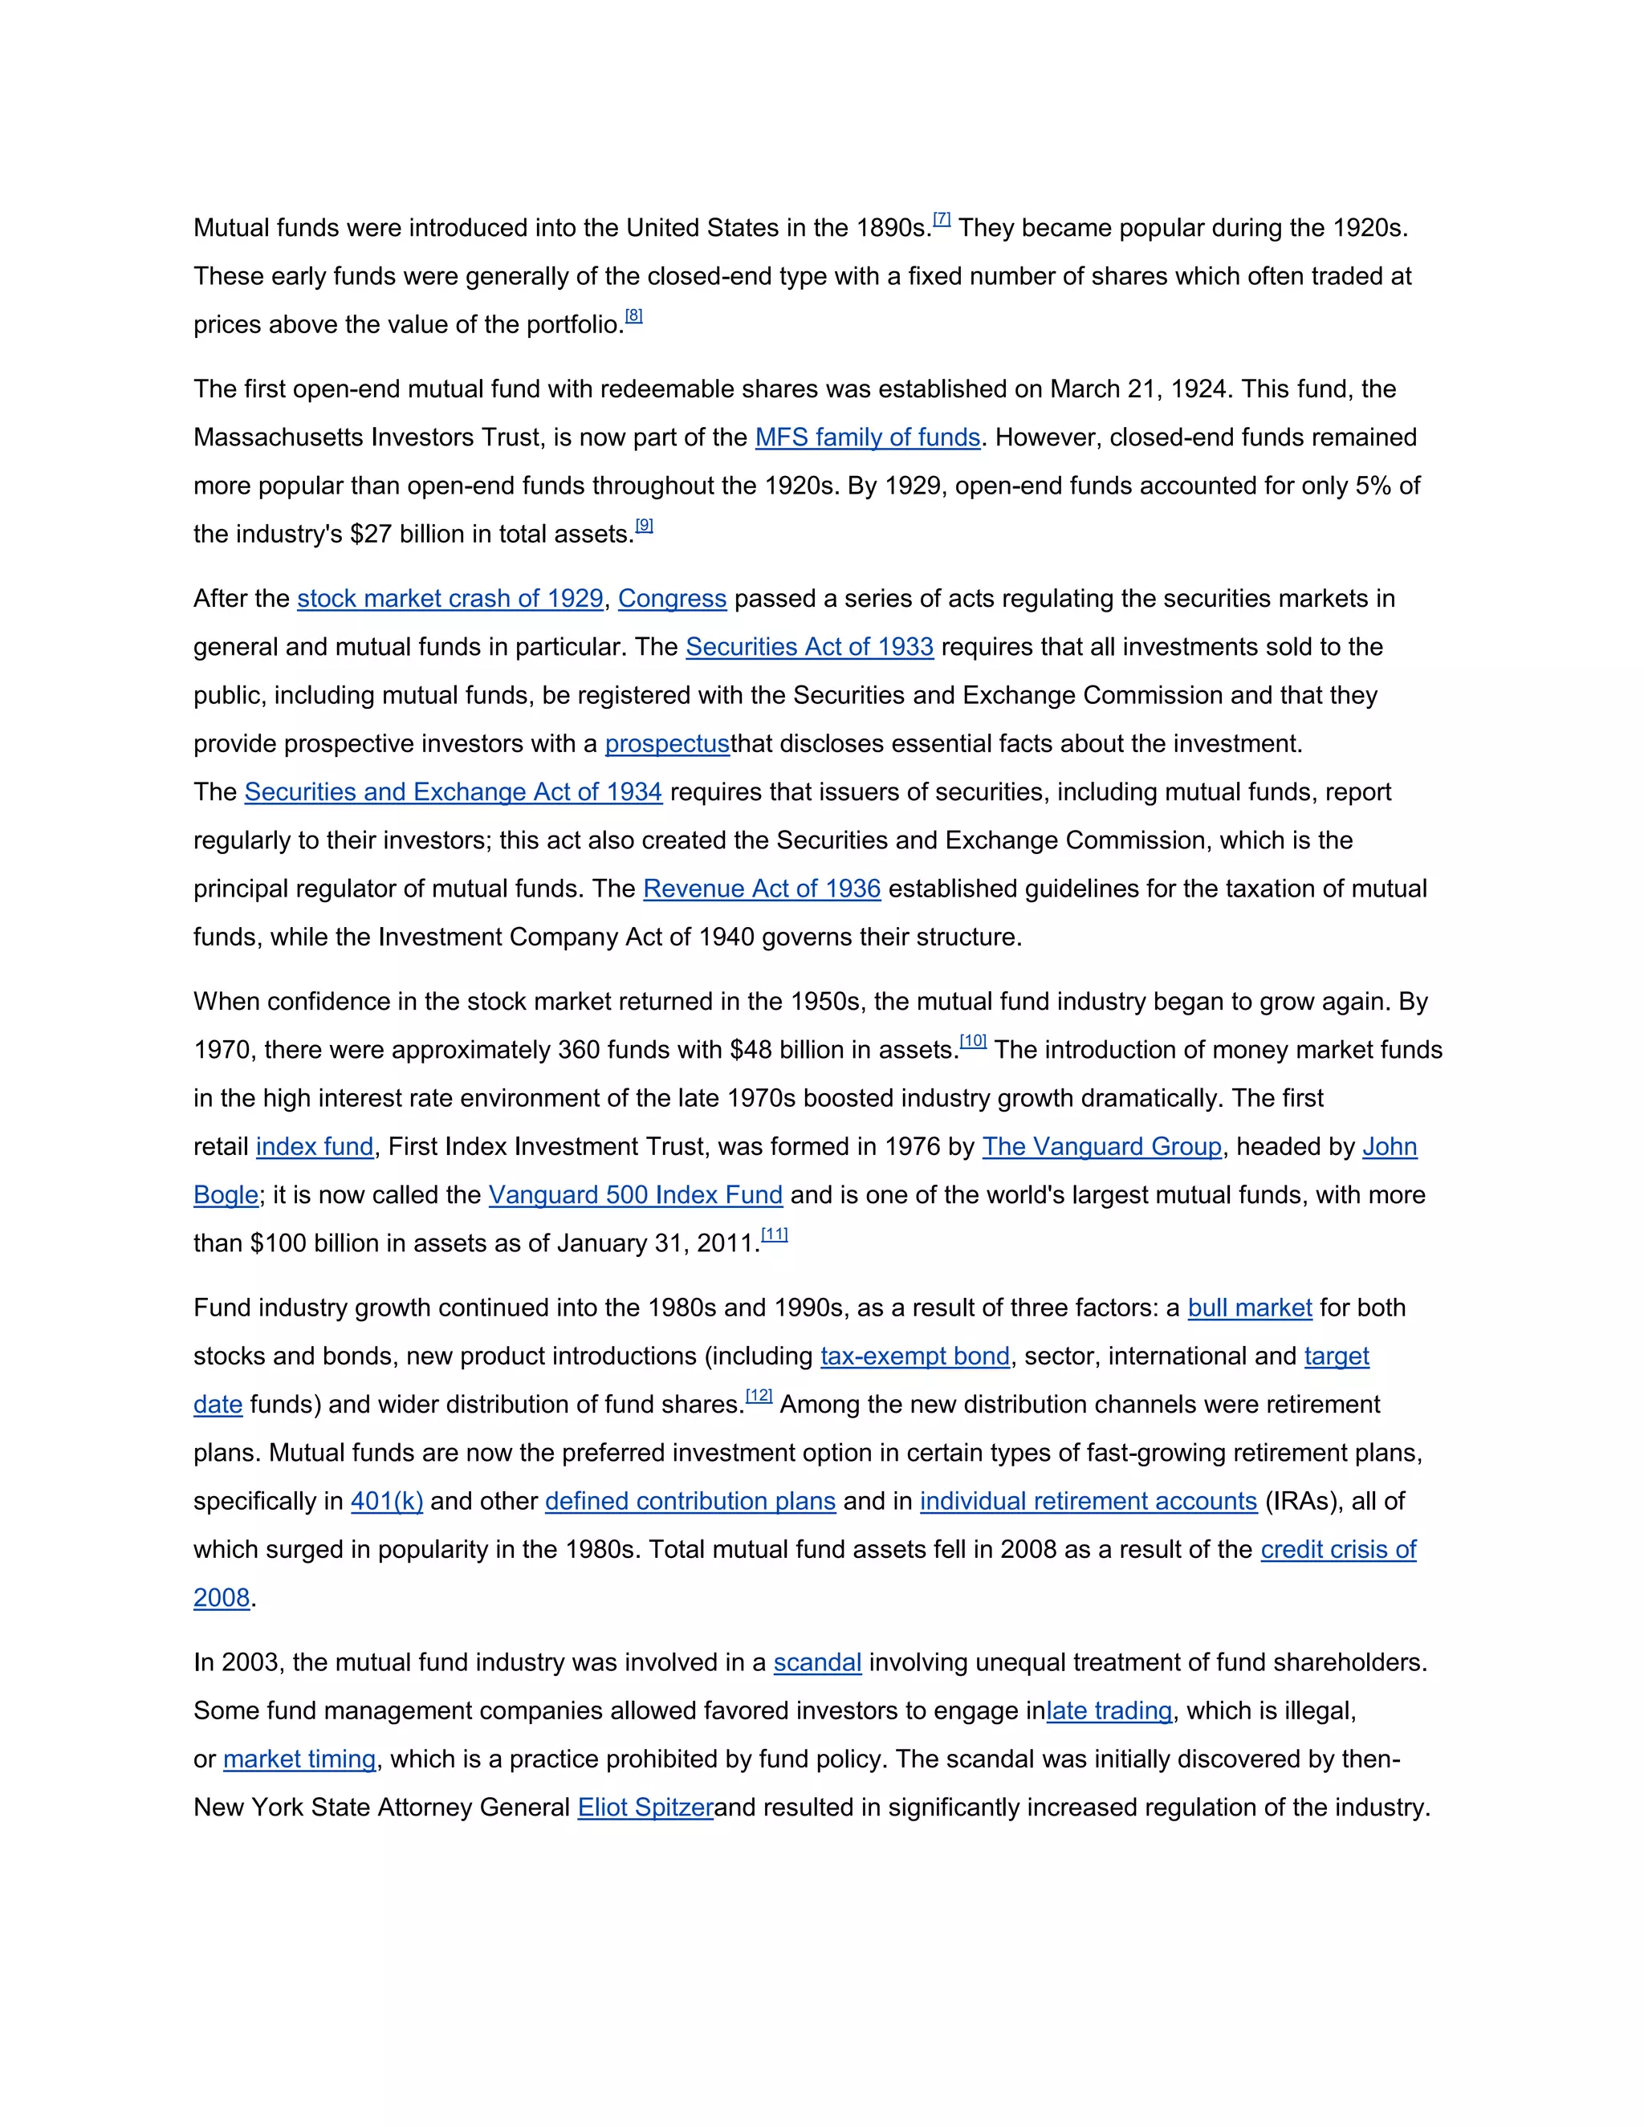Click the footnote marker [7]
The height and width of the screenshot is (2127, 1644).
point(942,219)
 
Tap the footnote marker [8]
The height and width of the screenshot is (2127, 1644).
point(634,315)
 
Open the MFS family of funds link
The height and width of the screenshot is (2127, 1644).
point(867,437)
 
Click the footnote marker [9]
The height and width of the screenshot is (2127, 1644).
point(644,526)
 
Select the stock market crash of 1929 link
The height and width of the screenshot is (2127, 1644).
point(450,599)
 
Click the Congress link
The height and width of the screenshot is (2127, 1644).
point(672,599)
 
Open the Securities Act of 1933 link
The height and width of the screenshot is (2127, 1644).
point(809,647)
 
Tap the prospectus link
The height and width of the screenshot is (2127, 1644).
point(667,744)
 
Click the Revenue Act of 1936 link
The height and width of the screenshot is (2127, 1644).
point(762,889)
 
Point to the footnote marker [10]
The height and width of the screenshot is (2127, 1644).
point(973,1042)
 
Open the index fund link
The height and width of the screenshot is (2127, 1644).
point(315,1147)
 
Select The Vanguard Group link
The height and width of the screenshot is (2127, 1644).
point(1101,1147)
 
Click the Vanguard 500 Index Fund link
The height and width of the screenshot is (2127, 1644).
point(635,1195)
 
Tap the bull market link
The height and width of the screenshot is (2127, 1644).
point(1250,1308)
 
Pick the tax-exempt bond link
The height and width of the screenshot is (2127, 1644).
point(914,1356)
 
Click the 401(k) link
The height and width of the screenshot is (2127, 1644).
point(387,1502)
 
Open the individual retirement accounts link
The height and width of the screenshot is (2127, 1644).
point(1088,1502)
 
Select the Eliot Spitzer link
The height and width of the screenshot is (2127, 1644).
point(645,1808)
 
